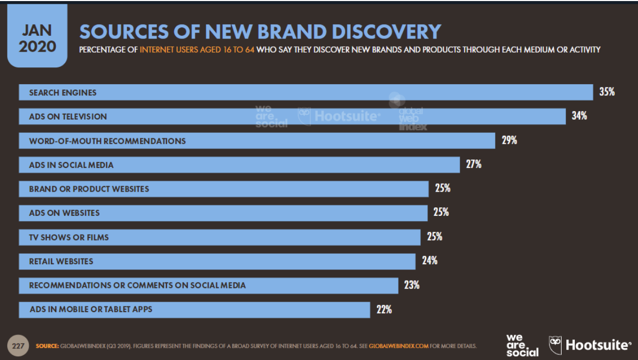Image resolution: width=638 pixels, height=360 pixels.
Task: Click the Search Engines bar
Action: pyautogui.click(x=305, y=92)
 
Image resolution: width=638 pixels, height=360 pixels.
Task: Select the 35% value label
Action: pyautogui.click(x=607, y=92)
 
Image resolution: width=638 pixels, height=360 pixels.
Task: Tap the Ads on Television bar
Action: pyautogui.click(x=292, y=116)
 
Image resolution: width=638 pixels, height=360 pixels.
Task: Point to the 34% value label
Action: pyautogui.click(x=580, y=116)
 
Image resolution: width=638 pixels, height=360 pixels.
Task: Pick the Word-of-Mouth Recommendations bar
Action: pyautogui.click(x=257, y=141)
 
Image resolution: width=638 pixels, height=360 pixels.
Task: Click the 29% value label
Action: pyautogui.click(x=509, y=140)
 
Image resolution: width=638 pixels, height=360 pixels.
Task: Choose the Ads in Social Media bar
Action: pyautogui.click(x=239, y=165)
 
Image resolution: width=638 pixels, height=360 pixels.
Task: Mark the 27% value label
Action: pyautogui.click(x=474, y=164)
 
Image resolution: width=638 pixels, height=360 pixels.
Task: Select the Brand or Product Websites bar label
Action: pyautogui.click(x=89, y=189)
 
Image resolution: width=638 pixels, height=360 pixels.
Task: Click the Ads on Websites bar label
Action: pyautogui.click(x=64, y=213)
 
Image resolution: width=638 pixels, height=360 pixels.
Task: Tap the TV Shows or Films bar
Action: pyautogui.click(x=220, y=237)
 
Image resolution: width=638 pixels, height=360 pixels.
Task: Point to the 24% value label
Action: pyautogui.click(x=430, y=261)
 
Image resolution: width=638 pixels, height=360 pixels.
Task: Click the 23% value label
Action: pyautogui.click(x=412, y=285)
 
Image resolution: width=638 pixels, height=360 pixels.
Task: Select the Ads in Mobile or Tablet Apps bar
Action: pyautogui.click(x=194, y=309)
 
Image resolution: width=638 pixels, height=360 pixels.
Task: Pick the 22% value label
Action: pyautogui.click(x=384, y=309)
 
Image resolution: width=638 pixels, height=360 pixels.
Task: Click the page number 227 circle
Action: pyautogui.click(x=18, y=346)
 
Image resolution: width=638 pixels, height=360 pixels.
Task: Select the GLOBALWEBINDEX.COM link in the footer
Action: pyautogui.click(x=399, y=346)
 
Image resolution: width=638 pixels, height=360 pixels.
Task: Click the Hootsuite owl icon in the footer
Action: pyautogui.click(x=555, y=345)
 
